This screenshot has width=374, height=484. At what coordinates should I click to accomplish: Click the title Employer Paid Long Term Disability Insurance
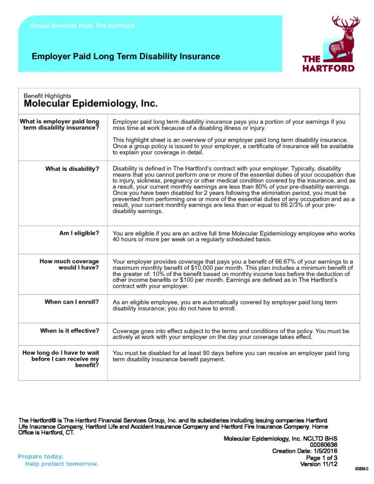[x=125, y=57]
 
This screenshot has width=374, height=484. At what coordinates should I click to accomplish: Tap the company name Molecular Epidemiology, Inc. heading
[x=90, y=104]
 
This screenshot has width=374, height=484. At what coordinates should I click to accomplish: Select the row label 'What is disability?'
[x=72, y=169]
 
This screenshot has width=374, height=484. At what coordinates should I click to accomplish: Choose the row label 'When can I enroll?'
[x=72, y=302]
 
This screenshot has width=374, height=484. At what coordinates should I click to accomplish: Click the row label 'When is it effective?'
[x=70, y=331]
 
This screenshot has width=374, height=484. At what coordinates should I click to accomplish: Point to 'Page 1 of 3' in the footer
[x=322, y=458]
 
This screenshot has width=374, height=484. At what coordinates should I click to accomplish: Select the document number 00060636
[x=323, y=445]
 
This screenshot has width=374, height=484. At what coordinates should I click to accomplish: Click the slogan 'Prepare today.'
[x=41, y=457]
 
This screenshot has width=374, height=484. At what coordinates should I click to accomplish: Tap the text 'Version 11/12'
[x=319, y=464]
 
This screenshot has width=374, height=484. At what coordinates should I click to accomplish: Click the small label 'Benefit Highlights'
[x=47, y=96]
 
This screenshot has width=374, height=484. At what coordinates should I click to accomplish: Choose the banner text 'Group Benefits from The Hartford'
[x=83, y=26]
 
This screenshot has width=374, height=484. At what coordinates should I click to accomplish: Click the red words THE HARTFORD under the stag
[x=328, y=63]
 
